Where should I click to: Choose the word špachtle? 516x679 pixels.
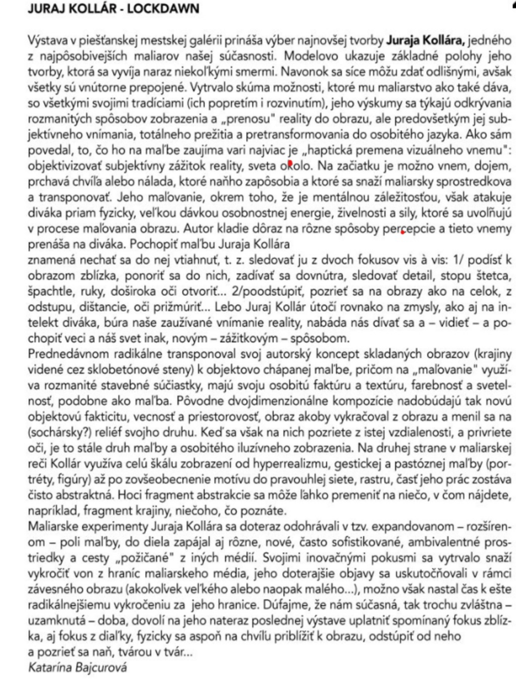pos(49,291)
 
